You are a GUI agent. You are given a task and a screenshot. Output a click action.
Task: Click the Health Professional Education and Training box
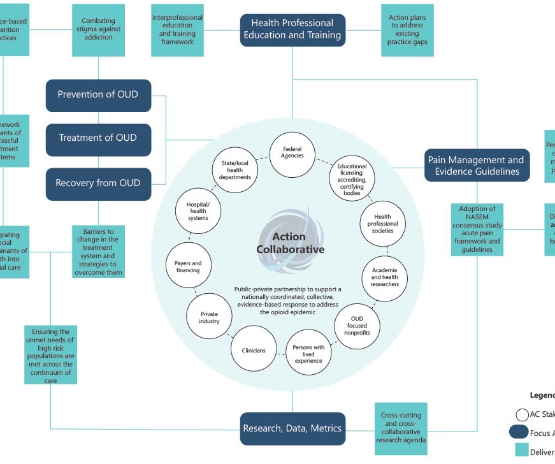pyautogui.click(x=292, y=30)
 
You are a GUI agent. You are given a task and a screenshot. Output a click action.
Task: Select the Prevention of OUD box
pyautogui.click(x=98, y=95)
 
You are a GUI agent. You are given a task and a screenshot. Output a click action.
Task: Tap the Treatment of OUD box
pyautogui.click(x=98, y=138)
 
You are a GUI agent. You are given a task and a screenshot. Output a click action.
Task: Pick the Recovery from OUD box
pyautogui.click(x=98, y=184)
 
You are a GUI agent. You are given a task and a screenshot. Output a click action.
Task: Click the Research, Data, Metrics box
pyautogui.click(x=292, y=429)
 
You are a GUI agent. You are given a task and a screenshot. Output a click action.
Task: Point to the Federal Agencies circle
pyautogui.click(x=293, y=153)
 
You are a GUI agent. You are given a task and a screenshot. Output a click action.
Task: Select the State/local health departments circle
pyautogui.click(x=235, y=170)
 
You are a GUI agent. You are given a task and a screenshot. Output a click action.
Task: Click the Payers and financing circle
pyautogui.click(x=188, y=267)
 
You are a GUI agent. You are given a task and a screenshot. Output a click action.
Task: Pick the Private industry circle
pyautogui.click(x=210, y=317)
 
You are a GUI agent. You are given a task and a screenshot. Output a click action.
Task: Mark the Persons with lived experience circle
pyautogui.click(x=308, y=352)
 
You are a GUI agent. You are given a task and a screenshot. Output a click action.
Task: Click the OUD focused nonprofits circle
pyautogui.click(x=357, y=326)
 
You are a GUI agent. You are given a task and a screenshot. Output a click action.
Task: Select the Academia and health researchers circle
pyautogui.click(x=385, y=277)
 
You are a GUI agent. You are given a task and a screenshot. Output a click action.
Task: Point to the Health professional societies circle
pyautogui.click(x=383, y=224)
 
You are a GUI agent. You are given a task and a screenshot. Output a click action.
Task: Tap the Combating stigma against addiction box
pyautogui.click(x=98, y=30)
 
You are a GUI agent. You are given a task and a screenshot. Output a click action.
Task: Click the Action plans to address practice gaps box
pyautogui.click(x=407, y=30)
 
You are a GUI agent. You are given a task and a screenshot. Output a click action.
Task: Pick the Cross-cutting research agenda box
pyautogui.click(x=401, y=428)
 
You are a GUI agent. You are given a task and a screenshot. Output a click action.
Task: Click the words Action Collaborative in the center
pyautogui.click(x=291, y=243)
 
